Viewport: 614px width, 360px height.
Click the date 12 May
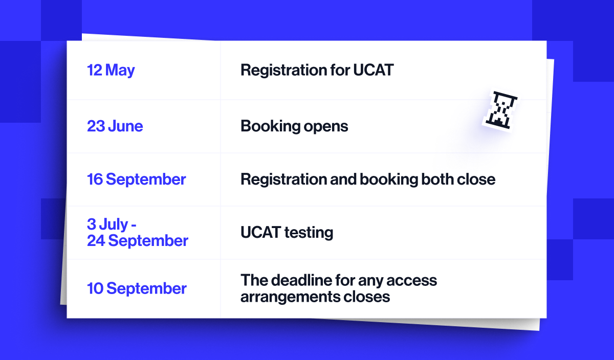coord(111,70)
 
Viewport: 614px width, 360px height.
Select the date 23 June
coord(115,126)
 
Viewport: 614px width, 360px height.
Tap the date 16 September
coord(137,179)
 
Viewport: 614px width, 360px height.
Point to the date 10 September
coord(137,288)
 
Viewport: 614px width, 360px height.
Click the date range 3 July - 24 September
coord(137,233)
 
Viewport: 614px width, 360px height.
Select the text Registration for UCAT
coord(317,70)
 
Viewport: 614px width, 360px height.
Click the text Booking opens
coord(294,126)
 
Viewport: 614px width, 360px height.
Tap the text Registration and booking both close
coord(368,179)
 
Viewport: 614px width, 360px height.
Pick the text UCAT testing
coord(287,233)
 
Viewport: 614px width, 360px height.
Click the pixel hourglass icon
coord(500,109)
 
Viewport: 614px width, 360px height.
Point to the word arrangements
coord(288,297)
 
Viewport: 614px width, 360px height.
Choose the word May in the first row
coord(120,70)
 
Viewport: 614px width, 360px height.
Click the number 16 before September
coord(95,179)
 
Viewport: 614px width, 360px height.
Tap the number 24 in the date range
coord(96,240)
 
